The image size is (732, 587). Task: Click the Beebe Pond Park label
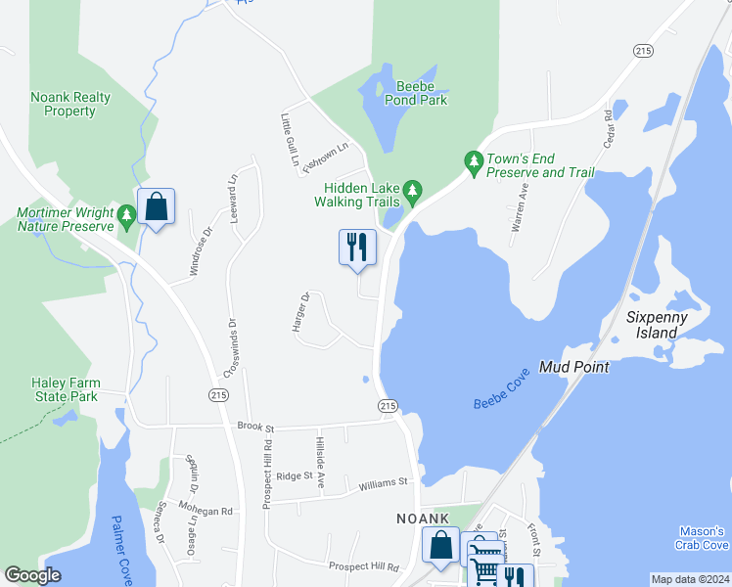pyautogui.click(x=422, y=93)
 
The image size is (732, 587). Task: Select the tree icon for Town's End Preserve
pyautogui.click(x=474, y=159)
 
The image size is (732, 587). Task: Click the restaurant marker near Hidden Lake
pyautogui.click(x=357, y=247)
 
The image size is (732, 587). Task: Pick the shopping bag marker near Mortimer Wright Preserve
pyautogui.click(x=156, y=207)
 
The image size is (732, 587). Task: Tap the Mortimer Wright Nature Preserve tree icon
pyautogui.click(x=125, y=213)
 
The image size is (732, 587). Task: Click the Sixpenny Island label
pyautogui.click(x=657, y=325)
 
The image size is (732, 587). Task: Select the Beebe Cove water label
pyautogui.click(x=501, y=388)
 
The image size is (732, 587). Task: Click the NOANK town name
pyautogui.click(x=422, y=518)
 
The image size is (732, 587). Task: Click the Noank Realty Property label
pyautogui.click(x=70, y=104)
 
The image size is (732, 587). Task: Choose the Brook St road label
pyautogui.click(x=257, y=427)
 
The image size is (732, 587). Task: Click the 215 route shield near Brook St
pyautogui.click(x=387, y=405)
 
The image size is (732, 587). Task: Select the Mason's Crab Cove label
pyautogui.click(x=701, y=537)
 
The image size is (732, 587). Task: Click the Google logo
pyautogui.click(x=32, y=575)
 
